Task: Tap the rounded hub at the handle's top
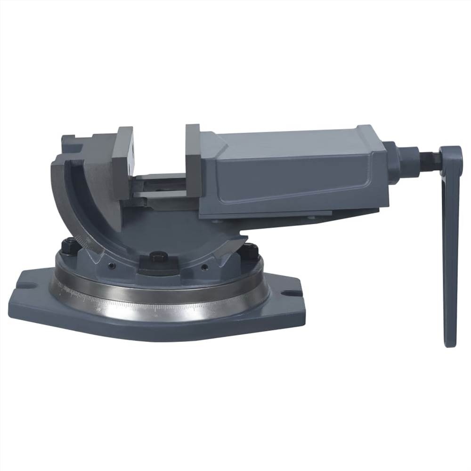tap(451, 155)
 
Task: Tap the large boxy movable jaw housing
tap(292, 174)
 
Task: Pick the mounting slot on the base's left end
tap(25, 285)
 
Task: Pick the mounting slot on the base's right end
tap(292, 293)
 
